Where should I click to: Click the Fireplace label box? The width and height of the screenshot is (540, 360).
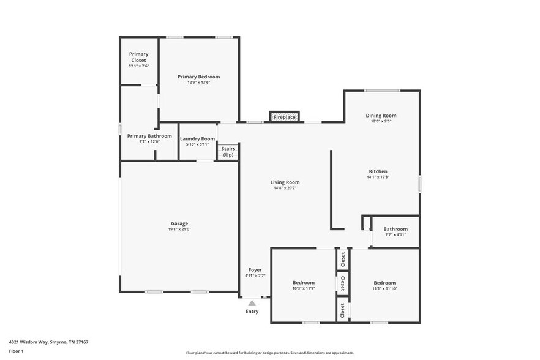coord(285,116)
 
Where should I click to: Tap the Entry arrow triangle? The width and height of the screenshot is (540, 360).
coord(252,302)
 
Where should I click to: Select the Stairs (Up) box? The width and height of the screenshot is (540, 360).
coord(228,152)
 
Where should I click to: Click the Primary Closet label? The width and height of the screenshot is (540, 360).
coord(138,57)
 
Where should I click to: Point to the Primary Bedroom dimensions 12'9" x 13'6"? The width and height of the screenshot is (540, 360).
coord(198,82)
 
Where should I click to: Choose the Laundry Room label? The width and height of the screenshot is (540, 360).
coord(198,139)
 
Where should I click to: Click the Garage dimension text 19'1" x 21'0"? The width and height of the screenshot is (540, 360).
coord(179,229)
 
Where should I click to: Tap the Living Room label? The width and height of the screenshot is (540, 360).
coord(285,182)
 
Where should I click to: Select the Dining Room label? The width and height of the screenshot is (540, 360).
coord(381,116)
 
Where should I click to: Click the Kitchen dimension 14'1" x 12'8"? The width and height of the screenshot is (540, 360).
coord(378,177)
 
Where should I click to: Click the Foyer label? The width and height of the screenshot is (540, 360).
coord(255,270)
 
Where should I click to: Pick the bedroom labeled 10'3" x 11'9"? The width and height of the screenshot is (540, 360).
coord(304,285)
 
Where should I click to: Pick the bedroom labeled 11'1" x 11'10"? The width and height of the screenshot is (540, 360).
coord(384,285)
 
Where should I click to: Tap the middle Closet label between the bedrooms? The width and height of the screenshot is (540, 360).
coord(343,283)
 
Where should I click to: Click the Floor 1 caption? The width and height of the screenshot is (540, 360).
coord(16,351)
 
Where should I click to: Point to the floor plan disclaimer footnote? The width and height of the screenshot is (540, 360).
coord(269,353)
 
